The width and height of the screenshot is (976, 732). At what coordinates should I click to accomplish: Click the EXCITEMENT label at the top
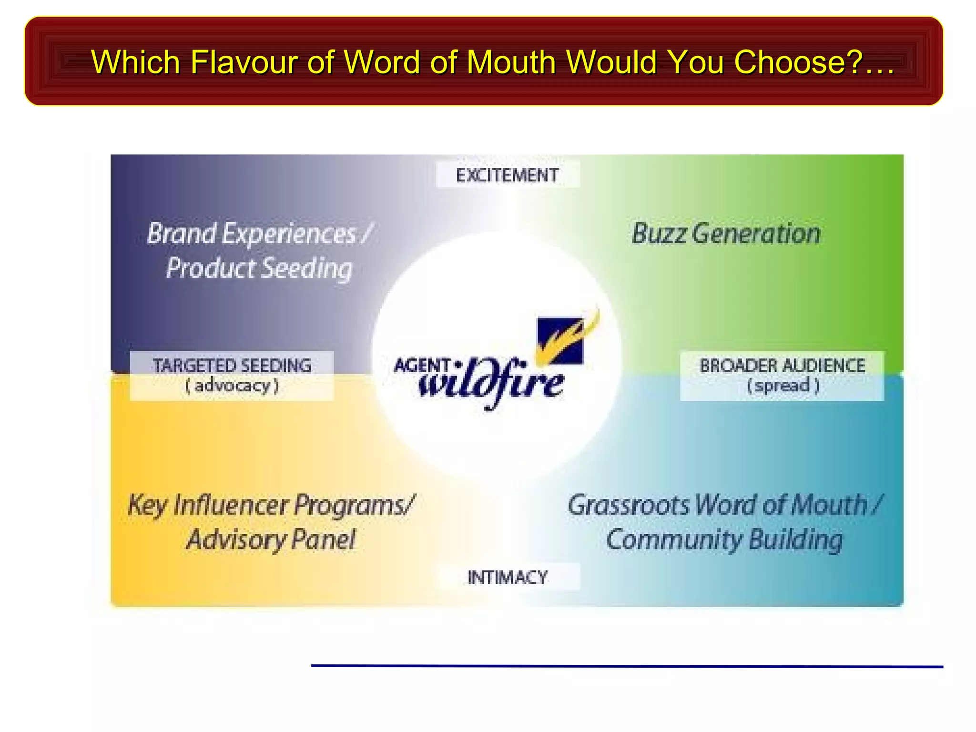point(508,175)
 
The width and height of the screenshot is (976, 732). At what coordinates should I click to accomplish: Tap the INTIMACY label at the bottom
point(508,577)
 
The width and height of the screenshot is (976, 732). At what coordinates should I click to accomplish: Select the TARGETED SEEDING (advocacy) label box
point(232,376)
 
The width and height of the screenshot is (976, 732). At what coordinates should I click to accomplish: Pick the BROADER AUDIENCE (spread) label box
point(782,376)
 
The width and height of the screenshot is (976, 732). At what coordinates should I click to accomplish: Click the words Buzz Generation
point(726,234)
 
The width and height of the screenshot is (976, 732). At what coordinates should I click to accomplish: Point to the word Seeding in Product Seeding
point(307,268)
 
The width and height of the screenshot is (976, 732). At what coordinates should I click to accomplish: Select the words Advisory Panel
point(271,540)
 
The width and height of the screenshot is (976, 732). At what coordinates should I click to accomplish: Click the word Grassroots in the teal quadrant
point(628,505)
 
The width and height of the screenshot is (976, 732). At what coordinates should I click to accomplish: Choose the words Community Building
point(724,540)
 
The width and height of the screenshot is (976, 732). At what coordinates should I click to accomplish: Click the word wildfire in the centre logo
point(491,384)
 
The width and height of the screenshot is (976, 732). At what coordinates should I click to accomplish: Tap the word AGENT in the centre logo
point(422,366)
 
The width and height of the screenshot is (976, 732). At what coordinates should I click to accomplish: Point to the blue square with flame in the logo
point(560,340)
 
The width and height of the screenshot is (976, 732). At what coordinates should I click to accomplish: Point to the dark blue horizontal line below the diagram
point(627,666)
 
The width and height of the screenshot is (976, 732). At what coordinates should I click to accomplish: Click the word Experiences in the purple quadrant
point(289,234)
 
